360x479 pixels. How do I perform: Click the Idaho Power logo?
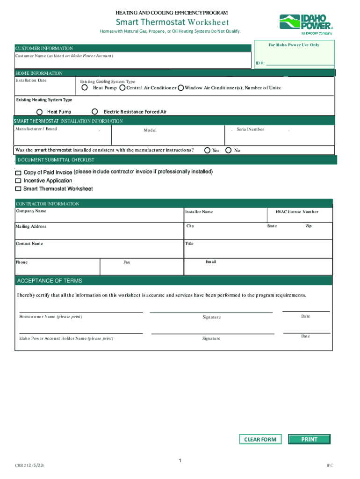click(306, 24)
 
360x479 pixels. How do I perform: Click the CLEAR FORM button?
click(260, 439)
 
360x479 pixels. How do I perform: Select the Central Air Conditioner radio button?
click(122, 87)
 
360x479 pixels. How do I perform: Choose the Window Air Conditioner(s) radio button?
click(181, 87)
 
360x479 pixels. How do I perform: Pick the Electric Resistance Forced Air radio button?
click(95, 111)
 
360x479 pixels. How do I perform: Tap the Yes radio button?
click(208, 150)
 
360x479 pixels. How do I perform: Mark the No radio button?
click(229, 150)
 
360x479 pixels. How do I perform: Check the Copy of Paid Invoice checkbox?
click(18, 173)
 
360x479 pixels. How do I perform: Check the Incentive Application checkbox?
click(18, 181)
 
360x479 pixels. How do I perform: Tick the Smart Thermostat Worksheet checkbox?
click(18, 189)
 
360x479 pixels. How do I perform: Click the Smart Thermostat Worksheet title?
click(172, 22)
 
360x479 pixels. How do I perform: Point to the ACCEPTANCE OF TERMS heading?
click(50, 281)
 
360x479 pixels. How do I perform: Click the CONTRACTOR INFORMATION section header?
click(47, 204)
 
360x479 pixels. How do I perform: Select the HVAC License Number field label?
click(296, 212)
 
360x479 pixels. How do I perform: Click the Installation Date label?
click(31, 80)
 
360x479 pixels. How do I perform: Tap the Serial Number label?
click(250, 129)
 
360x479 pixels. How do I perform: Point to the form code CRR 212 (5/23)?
click(30, 465)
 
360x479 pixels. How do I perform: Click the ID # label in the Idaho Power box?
click(260, 63)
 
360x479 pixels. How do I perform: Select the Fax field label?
click(127, 262)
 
